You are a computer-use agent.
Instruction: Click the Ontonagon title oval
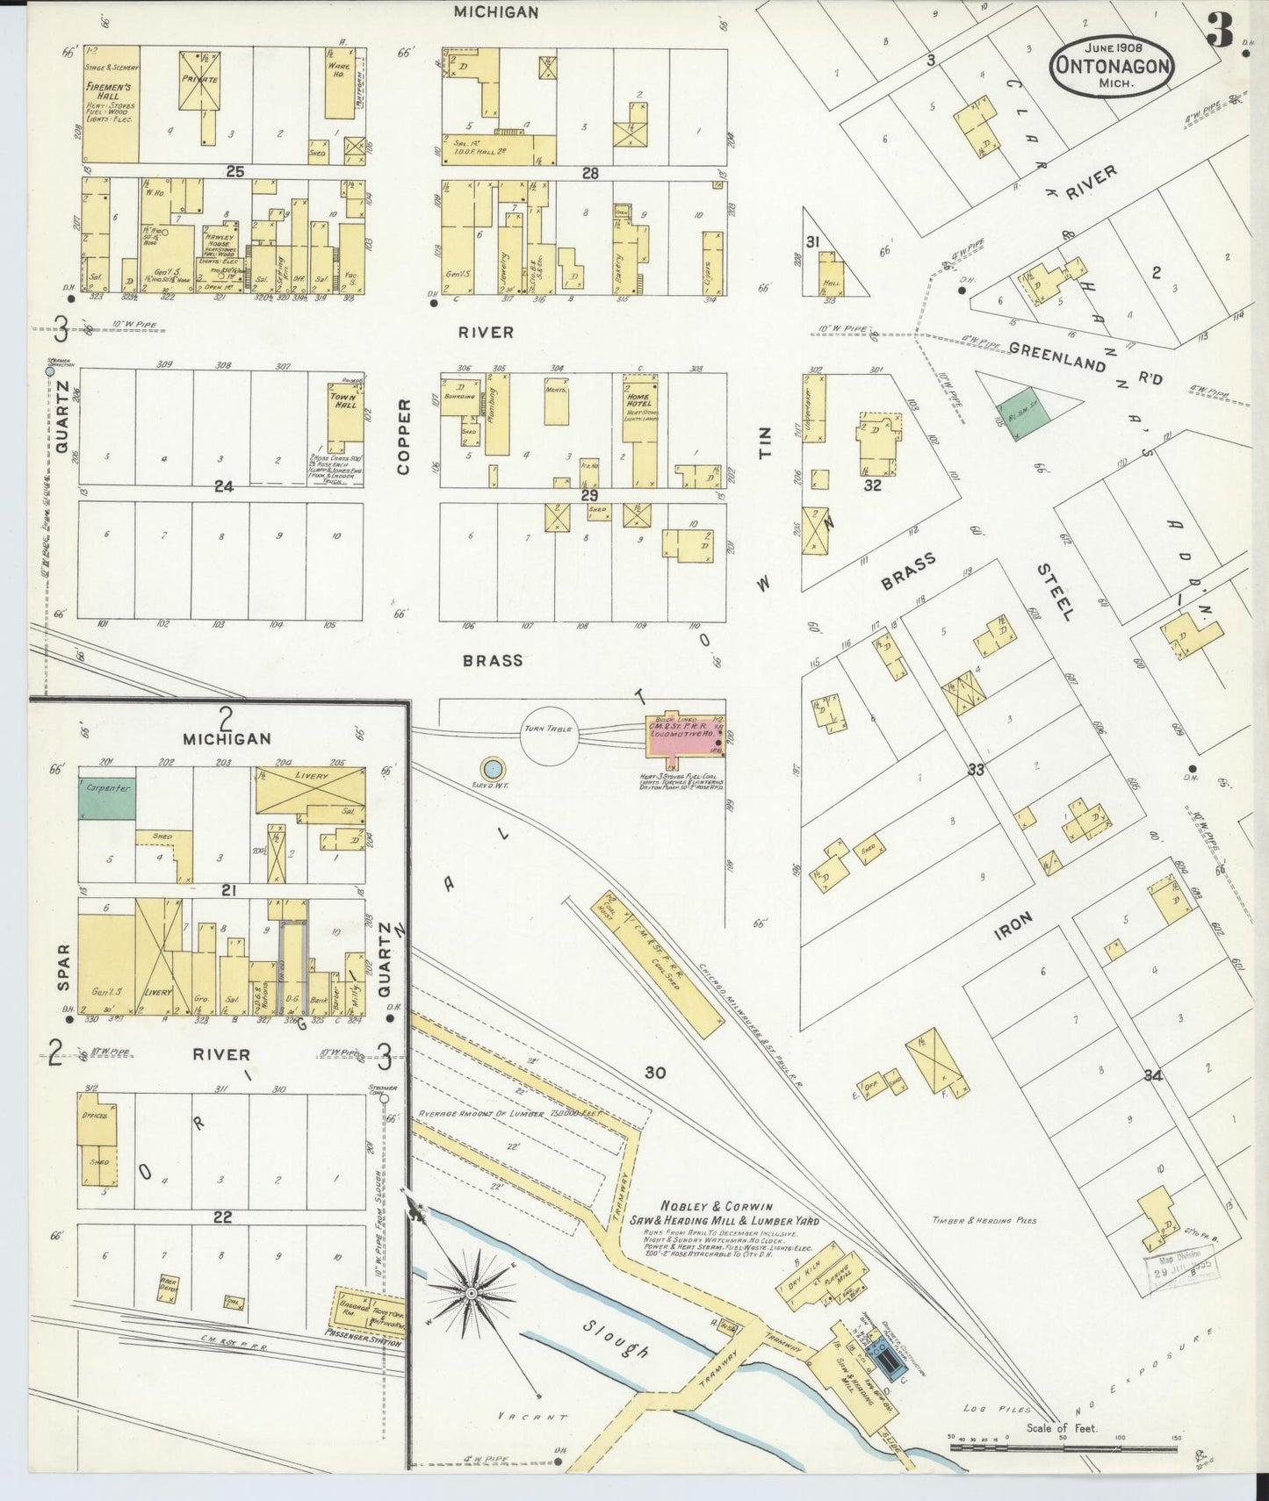[x=1113, y=65]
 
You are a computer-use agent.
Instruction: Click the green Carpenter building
[x=107, y=798]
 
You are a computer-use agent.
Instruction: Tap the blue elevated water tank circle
[x=494, y=769]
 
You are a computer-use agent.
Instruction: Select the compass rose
[x=472, y=1293]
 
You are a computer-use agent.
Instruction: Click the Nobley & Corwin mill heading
[x=739, y=1212]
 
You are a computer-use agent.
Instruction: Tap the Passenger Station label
[x=364, y=1342]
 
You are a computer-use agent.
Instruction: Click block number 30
[x=654, y=1072]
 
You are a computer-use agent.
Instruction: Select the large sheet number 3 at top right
[x=1219, y=32]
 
